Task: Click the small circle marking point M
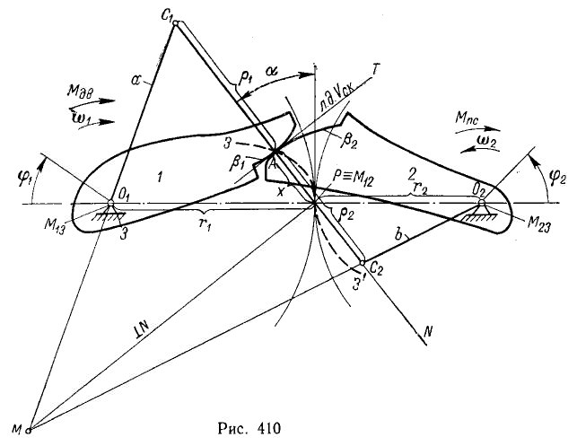pos(29,428)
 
